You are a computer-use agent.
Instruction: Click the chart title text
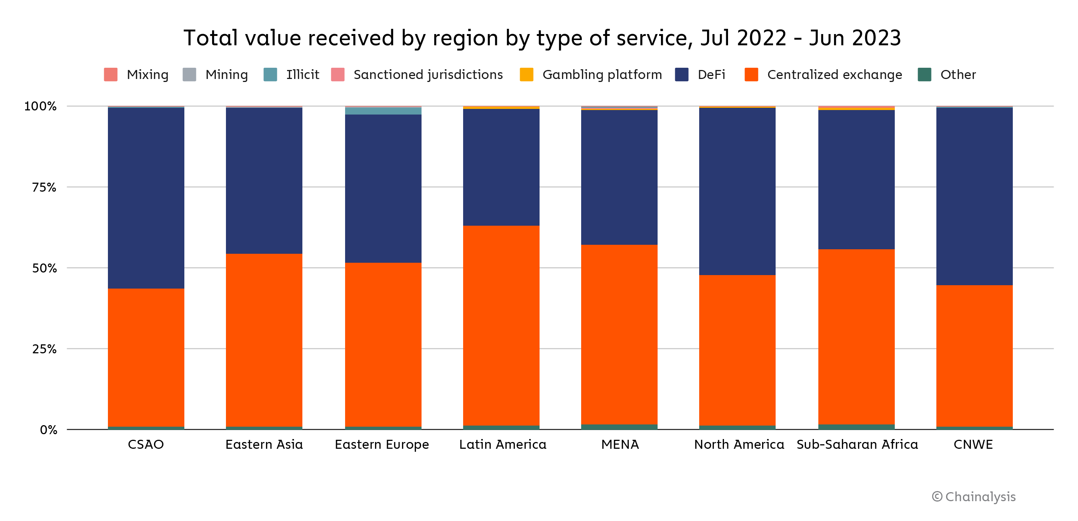(x=542, y=38)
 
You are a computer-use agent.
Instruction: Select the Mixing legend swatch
(x=111, y=74)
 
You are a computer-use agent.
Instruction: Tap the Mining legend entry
(x=216, y=74)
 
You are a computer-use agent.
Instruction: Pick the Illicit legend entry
(x=292, y=74)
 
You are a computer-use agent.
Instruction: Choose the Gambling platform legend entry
(x=591, y=74)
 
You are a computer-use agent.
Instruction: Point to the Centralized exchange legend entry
(x=824, y=74)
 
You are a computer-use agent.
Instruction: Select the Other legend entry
(x=947, y=74)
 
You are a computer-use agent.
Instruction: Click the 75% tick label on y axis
(x=44, y=187)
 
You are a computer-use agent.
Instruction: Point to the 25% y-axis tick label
(x=44, y=349)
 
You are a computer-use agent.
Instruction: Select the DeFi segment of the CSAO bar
(x=146, y=198)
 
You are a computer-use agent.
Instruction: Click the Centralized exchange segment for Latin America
(x=501, y=325)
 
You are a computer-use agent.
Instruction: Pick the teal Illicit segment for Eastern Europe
(x=383, y=111)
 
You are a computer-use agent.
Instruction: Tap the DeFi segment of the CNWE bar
(x=974, y=196)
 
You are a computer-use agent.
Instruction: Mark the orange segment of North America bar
(x=737, y=350)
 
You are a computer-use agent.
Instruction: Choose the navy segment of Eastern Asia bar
(x=264, y=181)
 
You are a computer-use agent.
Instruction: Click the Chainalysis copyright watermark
(x=973, y=496)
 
